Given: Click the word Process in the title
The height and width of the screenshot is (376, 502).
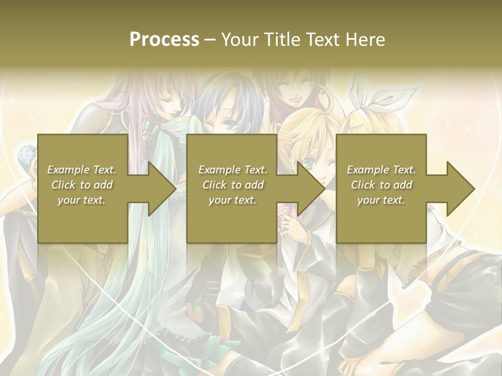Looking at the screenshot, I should (164, 39).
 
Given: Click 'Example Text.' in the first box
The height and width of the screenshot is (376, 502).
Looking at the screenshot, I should (82, 170).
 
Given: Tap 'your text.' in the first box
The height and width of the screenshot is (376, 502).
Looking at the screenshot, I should (82, 200).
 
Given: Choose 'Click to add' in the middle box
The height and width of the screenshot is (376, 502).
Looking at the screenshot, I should (233, 185).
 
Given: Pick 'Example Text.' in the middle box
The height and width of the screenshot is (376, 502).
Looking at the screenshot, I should (233, 170).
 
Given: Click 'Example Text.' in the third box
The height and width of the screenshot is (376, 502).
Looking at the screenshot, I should (381, 170).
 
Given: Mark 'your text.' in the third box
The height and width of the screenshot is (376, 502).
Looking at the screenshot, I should (381, 200).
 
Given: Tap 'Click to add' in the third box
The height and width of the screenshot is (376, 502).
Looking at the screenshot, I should (381, 185).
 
